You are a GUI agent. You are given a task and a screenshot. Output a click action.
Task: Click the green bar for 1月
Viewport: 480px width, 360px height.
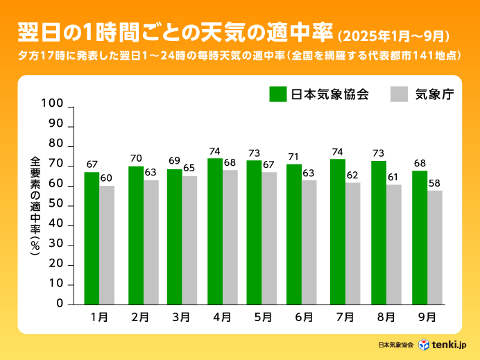(x=92, y=238)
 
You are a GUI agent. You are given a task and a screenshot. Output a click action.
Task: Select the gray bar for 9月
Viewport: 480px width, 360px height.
(x=435, y=247)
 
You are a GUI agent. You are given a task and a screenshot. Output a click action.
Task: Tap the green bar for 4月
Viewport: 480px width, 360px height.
(x=215, y=231)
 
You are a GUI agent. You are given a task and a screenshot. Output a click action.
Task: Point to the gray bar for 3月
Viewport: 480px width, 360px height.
(x=189, y=240)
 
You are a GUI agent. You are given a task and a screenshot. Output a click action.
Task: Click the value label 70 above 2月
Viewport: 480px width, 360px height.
(x=136, y=158)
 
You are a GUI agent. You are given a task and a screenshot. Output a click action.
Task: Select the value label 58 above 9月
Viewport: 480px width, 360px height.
(x=435, y=182)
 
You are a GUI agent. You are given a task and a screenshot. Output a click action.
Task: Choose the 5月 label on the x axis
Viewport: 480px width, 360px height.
(x=262, y=318)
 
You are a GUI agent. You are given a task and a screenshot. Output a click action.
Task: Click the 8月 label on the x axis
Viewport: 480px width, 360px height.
(x=387, y=318)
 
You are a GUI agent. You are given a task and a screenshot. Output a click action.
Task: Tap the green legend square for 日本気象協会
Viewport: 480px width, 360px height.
(x=278, y=94)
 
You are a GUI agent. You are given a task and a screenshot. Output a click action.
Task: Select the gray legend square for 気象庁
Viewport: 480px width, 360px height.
(x=399, y=94)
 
